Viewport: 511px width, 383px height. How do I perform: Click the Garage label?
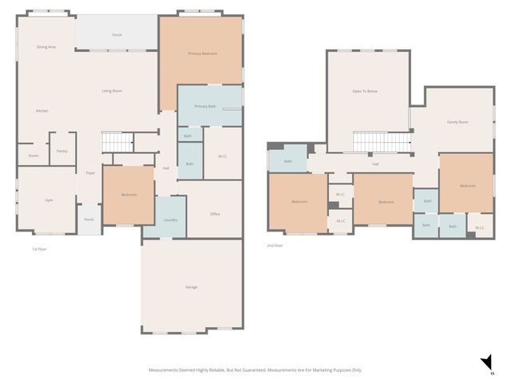192,286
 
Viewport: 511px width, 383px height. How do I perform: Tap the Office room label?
215,214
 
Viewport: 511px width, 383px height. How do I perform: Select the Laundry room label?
170,219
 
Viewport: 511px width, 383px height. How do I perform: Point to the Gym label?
49,200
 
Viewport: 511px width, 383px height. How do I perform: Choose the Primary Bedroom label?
203,53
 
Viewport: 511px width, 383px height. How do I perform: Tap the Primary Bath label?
205,106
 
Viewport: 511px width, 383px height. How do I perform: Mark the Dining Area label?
46,47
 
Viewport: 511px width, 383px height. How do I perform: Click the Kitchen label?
42,111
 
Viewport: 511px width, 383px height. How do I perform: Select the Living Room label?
112,91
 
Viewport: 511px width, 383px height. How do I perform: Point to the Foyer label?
91,172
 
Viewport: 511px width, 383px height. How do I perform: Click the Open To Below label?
365,92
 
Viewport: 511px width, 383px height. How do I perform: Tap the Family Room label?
458,122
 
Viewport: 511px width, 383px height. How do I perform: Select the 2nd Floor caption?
275,246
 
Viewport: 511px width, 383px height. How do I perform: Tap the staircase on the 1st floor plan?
117,142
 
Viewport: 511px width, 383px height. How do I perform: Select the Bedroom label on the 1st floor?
129,195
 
